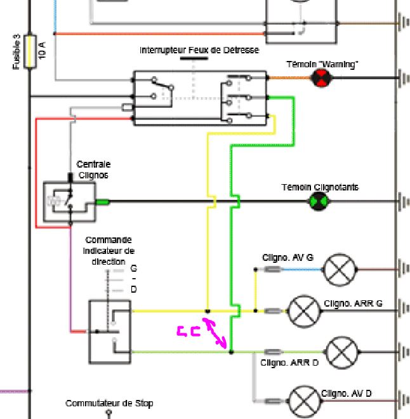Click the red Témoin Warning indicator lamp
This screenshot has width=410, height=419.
pyautogui.click(x=321, y=78)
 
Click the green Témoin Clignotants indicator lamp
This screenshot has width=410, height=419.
pyautogui.click(x=317, y=202)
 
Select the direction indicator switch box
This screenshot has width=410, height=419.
pyautogui.click(x=110, y=331)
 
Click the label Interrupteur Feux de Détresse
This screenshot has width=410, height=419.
pyautogui.click(x=199, y=50)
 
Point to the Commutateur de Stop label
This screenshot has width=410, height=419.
pyautogui.click(x=109, y=403)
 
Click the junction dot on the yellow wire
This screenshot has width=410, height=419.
pyautogui.click(x=208, y=311)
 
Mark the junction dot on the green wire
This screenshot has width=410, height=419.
pyautogui.click(x=231, y=352)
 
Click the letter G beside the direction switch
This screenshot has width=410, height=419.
pyautogui.click(x=133, y=269)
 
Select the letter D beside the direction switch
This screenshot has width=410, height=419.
pyautogui.click(x=133, y=289)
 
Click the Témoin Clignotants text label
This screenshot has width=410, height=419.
pyautogui.click(x=320, y=187)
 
